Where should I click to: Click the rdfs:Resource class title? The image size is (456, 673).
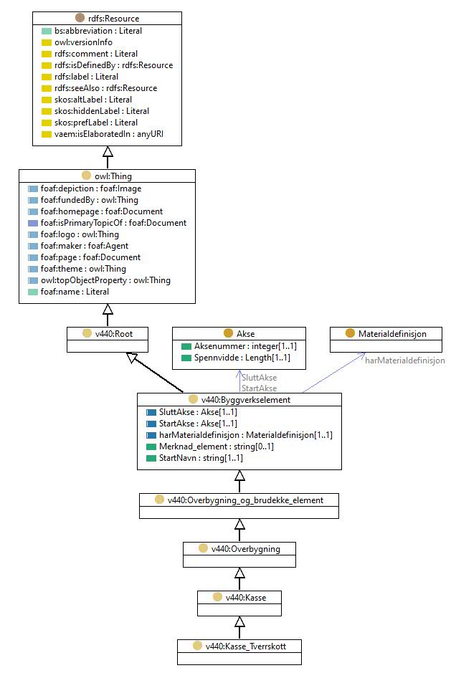click(x=114, y=19)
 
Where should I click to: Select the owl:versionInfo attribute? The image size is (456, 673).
click(x=83, y=42)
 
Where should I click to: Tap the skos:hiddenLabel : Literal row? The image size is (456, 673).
click(x=102, y=111)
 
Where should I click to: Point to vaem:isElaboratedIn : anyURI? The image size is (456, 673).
click(x=109, y=134)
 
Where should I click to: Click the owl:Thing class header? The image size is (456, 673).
click(x=113, y=176)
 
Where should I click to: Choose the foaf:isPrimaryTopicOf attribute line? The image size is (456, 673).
click(x=113, y=223)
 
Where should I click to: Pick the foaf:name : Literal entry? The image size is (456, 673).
click(x=75, y=292)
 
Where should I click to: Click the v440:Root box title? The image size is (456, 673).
click(x=114, y=333)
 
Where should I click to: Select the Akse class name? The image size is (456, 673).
click(x=246, y=333)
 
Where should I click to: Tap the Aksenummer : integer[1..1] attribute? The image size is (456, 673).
click(x=245, y=346)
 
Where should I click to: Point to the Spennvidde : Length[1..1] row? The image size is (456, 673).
click(x=242, y=358)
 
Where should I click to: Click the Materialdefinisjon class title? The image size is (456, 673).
click(x=392, y=333)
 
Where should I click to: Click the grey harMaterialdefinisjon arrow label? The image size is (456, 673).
click(x=405, y=361)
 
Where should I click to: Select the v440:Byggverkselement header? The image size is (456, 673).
click(x=246, y=400)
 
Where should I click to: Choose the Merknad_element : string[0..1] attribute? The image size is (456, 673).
click(x=217, y=447)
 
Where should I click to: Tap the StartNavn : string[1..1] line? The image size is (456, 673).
click(x=201, y=458)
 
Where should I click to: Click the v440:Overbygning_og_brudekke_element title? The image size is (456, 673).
click(x=245, y=500)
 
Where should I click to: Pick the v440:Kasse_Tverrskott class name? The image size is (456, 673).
click(x=246, y=646)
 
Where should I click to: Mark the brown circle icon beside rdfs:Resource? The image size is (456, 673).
click(x=80, y=18)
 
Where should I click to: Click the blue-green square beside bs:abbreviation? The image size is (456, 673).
click(x=47, y=31)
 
